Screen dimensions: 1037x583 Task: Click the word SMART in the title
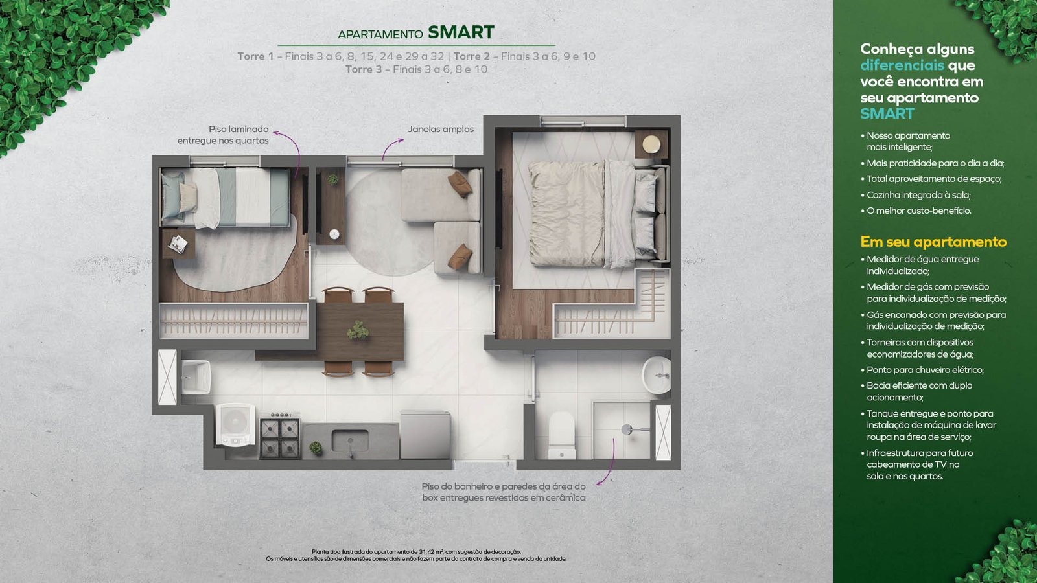click(x=461, y=32)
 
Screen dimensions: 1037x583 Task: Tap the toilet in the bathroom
click(x=561, y=435)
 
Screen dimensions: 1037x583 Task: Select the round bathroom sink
click(x=657, y=375)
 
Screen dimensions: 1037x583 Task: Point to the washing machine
click(x=235, y=424)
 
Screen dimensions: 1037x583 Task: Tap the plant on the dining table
click(x=358, y=330)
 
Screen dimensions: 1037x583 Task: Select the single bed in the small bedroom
click(x=226, y=198)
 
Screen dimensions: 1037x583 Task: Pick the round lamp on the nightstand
click(x=651, y=144)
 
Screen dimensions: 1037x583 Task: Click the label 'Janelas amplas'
click(x=440, y=129)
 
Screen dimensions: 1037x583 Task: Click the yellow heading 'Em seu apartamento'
click(x=933, y=242)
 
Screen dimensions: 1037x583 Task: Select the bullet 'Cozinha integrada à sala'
click(x=918, y=195)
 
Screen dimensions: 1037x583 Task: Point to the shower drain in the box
click(x=626, y=429)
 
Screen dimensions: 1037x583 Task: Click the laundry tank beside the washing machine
click(x=196, y=377)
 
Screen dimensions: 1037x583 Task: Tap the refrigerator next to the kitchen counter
click(x=425, y=435)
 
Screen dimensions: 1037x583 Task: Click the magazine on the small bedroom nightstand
click(x=178, y=244)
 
